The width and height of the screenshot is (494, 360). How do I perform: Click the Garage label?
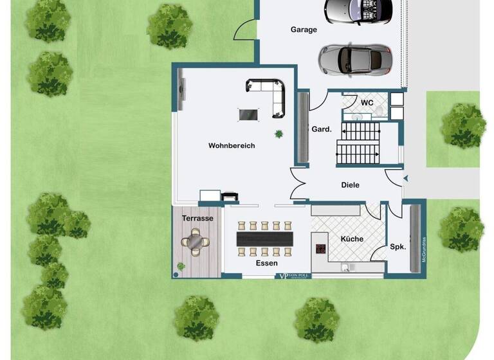pos(304,30)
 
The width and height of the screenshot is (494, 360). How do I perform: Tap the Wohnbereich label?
pos(232,146)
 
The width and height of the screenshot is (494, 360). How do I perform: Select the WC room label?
pos(367,103)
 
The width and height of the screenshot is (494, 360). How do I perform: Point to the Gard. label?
pos(322,129)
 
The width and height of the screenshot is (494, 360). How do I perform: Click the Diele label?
pos(351,185)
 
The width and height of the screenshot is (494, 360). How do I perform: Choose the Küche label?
pos(352,239)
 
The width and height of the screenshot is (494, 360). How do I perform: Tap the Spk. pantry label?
pos(398,247)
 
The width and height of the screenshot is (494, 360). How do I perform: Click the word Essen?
pos(266,264)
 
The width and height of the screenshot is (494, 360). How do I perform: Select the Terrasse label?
pos(197,219)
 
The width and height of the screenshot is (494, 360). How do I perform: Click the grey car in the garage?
pos(354,59)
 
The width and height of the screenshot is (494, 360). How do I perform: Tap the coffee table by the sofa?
pos(248,114)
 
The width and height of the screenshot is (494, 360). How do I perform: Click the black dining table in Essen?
pos(264,239)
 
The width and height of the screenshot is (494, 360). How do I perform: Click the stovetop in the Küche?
pos(320,249)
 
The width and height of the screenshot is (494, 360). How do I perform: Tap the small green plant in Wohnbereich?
pos(279,134)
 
